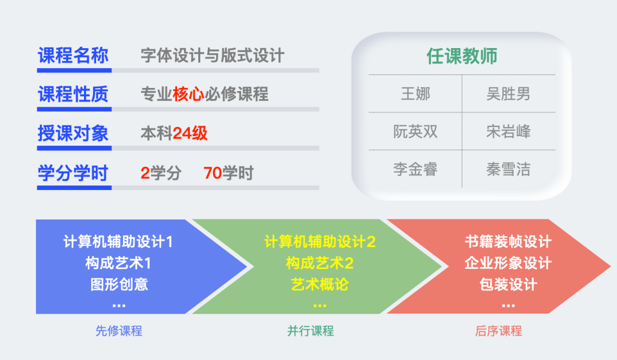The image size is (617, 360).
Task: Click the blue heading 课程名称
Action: point(73,55)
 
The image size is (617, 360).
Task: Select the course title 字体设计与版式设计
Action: point(212,55)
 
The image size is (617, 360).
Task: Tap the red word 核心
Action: point(189,94)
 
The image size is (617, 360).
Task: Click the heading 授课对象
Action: point(73,133)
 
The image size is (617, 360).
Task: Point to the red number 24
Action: point(182,133)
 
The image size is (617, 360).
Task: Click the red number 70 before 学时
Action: point(213,173)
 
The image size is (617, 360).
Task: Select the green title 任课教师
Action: point(462,56)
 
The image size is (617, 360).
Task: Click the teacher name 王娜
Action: point(416,94)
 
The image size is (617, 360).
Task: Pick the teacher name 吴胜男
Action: point(509,94)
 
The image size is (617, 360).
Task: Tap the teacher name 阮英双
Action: point(416,132)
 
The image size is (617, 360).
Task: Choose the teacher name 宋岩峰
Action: point(509,132)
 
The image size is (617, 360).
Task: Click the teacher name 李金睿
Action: point(416,169)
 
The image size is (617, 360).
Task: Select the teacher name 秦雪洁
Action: point(509,169)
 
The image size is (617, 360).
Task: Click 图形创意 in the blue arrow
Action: point(119,284)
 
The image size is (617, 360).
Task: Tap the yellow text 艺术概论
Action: point(320,284)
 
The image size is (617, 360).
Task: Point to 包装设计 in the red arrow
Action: point(509,284)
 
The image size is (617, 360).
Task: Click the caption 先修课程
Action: point(119,331)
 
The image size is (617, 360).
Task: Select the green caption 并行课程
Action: point(310,331)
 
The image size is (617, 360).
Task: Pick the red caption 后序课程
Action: point(498,331)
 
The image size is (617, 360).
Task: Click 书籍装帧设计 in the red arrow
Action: point(509,241)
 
